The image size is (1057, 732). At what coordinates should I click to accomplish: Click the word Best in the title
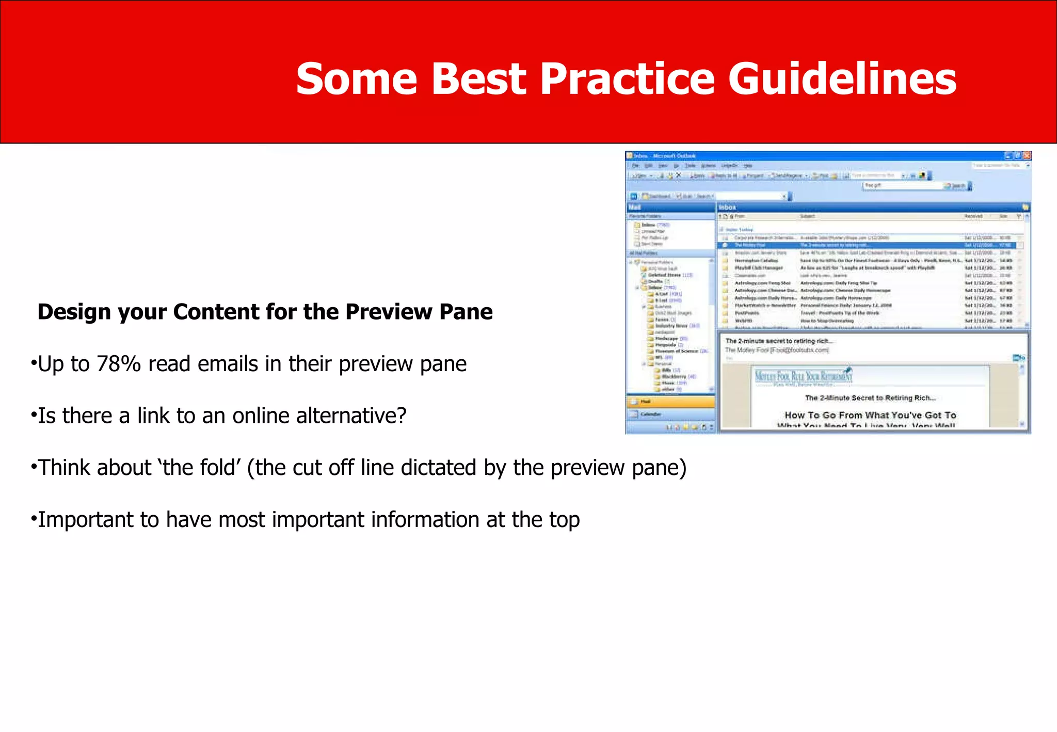[479, 79]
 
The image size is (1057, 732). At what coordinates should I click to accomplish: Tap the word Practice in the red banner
[628, 79]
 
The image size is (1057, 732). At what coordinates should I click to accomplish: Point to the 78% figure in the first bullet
[119, 364]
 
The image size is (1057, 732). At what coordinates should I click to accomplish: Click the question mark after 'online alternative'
[401, 416]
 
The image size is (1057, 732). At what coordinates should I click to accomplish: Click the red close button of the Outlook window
[1027, 155]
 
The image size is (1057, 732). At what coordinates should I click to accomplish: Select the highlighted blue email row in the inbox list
[867, 245]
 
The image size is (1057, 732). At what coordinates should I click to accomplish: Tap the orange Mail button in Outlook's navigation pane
[670, 401]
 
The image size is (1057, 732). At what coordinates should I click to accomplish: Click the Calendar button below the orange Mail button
[670, 414]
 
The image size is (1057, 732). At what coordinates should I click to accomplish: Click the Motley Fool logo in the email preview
[803, 376]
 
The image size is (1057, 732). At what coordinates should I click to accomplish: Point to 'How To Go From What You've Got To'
[870, 415]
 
